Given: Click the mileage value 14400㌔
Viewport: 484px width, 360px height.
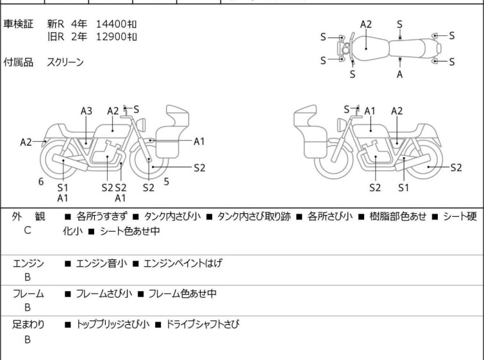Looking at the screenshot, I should click(116, 24).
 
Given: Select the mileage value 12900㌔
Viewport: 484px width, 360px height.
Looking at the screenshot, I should click(116, 37).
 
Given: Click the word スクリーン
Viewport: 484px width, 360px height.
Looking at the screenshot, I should click(65, 62).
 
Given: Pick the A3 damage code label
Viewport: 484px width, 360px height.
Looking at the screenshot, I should click(87, 111).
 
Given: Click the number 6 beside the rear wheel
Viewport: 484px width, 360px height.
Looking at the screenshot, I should click(41, 182).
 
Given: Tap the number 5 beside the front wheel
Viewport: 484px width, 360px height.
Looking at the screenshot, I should click(166, 182).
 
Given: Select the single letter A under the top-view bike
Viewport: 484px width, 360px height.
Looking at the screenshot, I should click(399, 74).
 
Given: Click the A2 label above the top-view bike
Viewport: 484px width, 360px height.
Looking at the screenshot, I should click(366, 24).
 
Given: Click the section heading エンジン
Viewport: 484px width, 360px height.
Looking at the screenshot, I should click(29, 263).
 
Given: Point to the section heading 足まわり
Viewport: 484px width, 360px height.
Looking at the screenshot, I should click(29, 325).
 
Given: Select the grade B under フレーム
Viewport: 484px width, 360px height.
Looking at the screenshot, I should click(28, 307).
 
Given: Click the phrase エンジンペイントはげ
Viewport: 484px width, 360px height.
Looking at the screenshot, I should click(182, 263).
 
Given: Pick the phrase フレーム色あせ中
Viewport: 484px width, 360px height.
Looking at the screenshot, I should click(182, 294).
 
